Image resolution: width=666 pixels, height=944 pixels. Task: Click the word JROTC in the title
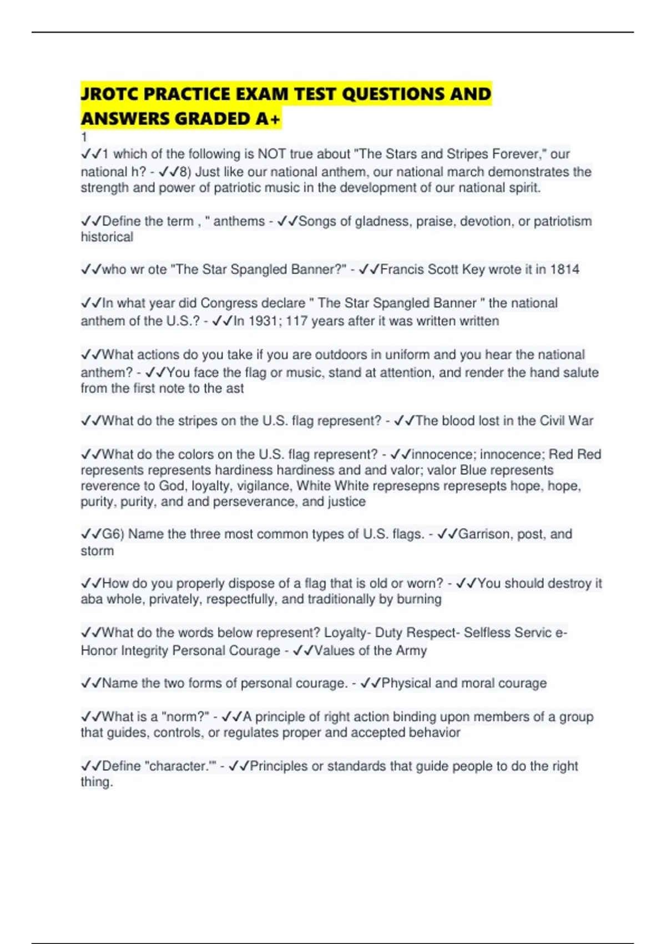click(109, 94)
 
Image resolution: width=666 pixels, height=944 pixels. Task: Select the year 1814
click(564, 269)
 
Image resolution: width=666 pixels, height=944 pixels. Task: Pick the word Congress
click(225, 303)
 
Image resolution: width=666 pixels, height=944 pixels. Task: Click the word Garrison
click(486, 534)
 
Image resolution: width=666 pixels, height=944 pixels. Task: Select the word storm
click(97, 551)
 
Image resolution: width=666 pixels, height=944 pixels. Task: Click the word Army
click(411, 650)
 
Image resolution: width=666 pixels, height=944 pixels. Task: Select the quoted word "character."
click(180, 766)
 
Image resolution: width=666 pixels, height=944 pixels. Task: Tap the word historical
click(107, 237)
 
